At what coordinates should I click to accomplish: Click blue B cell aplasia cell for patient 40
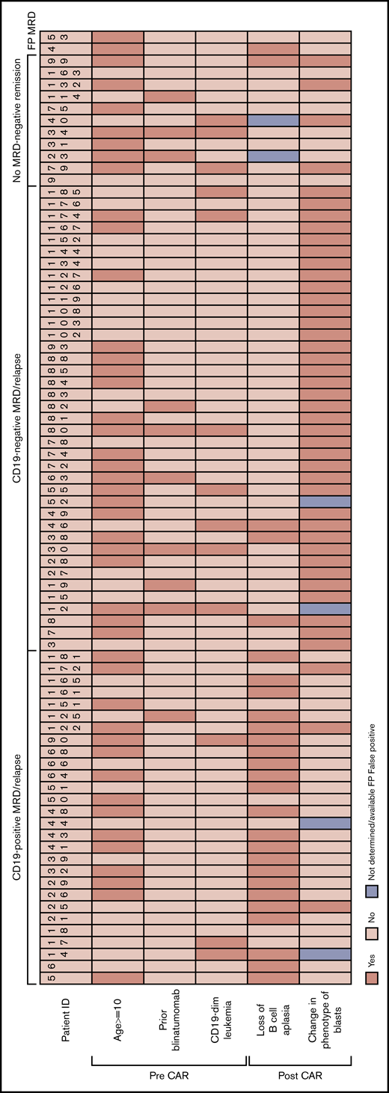coord(274,120)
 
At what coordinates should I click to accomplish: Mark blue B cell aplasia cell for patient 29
coord(274,156)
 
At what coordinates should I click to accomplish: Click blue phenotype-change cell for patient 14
coord(325,955)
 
